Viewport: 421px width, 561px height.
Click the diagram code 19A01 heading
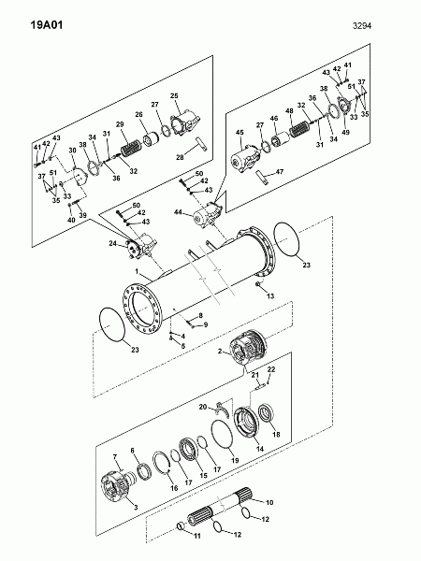point(47,25)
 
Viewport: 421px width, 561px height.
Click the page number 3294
point(362,26)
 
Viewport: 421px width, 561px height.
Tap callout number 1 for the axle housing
point(137,271)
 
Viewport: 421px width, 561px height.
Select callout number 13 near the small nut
point(270,295)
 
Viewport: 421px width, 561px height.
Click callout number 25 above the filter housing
point(174,96)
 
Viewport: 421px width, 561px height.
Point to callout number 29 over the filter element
point(120,124)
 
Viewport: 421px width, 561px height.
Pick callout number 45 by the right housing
point(240,133)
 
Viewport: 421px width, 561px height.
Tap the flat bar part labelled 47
point(264,178)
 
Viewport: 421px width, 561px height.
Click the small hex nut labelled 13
point(258,284)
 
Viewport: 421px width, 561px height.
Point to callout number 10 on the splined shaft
point(269,502)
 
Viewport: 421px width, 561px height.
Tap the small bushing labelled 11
point(181,525)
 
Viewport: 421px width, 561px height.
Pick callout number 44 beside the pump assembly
point(179,212)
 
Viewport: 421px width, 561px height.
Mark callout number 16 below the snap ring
point(174,488)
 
